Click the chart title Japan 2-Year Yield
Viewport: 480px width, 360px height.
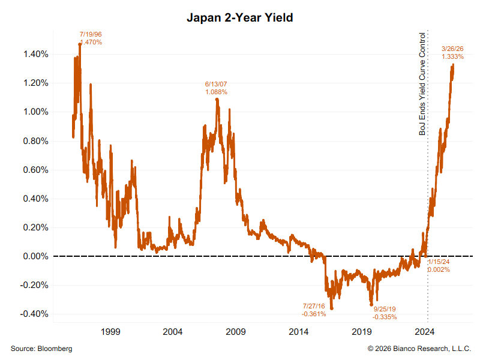point(239,18)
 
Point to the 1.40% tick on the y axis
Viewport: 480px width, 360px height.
point(35,54)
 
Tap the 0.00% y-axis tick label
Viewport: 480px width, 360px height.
point(35,256)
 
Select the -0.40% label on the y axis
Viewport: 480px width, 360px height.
point(34,314)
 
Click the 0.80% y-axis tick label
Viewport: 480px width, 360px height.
point(35,141)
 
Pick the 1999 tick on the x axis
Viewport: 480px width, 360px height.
point(110,331)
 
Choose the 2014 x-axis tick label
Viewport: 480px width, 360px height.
point(299,331)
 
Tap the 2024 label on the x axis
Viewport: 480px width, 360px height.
point(425,331)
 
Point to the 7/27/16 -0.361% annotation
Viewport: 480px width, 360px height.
point(314,310)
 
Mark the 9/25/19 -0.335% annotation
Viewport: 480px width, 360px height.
point(385,313)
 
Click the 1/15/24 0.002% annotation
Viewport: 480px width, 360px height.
point(439,266)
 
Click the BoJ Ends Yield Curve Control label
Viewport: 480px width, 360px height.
point(422,84)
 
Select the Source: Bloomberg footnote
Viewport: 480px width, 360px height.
point(41,349)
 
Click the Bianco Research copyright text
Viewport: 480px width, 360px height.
point(419,349)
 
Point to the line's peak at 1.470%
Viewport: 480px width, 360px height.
point(80,44)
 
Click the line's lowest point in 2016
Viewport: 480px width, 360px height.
point(332,308)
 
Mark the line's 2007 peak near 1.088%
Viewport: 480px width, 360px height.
point(217,99)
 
